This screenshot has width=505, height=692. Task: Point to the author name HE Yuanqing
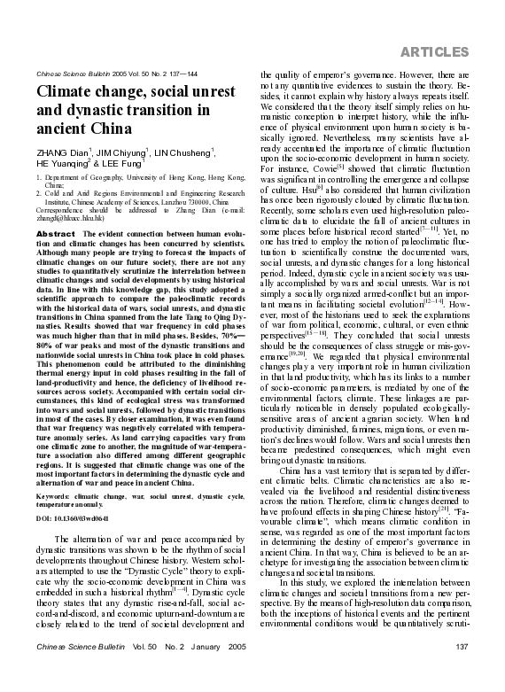pyautogui.click(x=66, y=162)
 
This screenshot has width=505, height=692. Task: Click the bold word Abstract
pyautogui.click(x=56, y=232)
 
